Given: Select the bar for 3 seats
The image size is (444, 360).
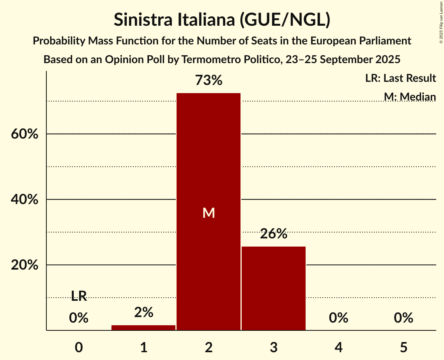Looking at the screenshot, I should pyautogui.click(x=274, y=288).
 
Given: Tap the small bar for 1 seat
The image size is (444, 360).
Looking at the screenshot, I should pyautogui.click(x=143, y=328).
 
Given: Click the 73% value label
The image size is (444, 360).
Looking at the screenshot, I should pyautogui.click(x=209, y=81).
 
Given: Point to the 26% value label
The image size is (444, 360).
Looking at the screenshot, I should pyautogui.click(x=274, y=235).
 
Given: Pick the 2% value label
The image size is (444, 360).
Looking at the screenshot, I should pyautogui.click(x=143, y=312).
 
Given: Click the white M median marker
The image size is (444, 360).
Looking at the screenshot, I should pyautogui.click(x=209, y=213).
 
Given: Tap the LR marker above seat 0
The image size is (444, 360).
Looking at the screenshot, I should pyautogui.click(x=79, y=296).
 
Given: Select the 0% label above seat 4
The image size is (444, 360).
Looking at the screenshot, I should pyautogui.click(x=338, y=318).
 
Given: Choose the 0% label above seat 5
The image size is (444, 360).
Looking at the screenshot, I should pyautogui.click(x=403, y=318).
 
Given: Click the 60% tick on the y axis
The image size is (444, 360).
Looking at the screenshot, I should pyautogui.click(x=24, y=134).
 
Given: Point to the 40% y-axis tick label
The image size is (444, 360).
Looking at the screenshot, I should pyautogui.click(x=24, y=199).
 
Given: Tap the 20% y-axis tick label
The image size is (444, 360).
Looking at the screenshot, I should pyautogui.click(x=24, y=265).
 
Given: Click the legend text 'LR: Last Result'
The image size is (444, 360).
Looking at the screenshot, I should pyautogui.click(x=400, y=78).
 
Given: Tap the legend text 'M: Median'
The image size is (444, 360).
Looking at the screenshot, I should pyautogui.click(x=410, y=97).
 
